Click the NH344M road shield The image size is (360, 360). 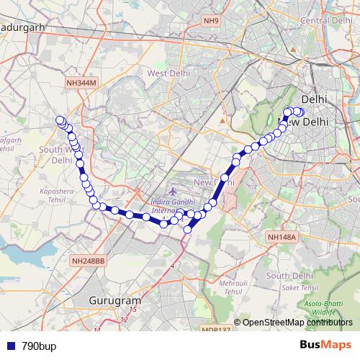coord(81,84)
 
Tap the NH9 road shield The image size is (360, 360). coord(211,20)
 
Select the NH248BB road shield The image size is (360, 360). coord(89,260)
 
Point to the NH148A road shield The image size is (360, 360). coord(282,237)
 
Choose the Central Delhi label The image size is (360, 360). coord(325,20)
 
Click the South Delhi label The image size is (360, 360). coord(288,276)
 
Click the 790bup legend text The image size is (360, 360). coord(39,346)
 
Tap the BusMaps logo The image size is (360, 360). coord(325,345)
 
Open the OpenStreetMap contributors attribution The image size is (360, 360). coord(297,323)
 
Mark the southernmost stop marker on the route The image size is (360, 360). coord(188,230)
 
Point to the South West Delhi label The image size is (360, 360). coord(61,155)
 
